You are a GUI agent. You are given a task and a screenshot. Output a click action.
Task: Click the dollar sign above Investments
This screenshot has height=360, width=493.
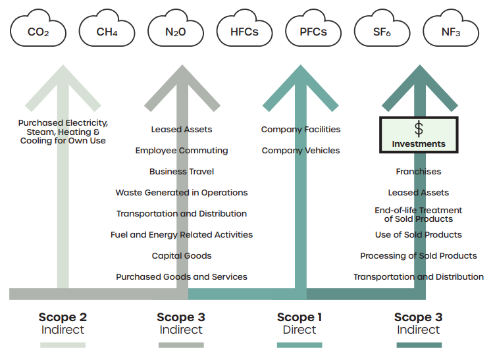coord(419,128)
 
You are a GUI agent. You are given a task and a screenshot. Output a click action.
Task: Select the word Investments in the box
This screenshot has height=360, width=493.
coord(419,143)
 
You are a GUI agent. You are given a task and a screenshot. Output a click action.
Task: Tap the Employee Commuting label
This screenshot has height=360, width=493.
coord(182,151)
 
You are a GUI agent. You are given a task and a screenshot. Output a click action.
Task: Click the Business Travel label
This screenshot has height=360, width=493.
coord(182,172)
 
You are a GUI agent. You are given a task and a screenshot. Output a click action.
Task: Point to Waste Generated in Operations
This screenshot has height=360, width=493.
coord(182,193)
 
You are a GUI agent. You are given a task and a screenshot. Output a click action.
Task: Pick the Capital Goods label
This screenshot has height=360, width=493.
coord(182,256)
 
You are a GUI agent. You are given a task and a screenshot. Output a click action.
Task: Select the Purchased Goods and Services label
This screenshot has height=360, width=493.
coord(182,277)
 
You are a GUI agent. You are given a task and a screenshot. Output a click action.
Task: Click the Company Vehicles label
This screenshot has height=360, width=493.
coord(301,151)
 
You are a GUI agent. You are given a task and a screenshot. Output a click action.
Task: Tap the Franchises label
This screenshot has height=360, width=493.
coord(419,172)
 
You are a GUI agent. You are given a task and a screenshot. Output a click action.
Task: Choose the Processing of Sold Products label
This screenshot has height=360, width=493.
coord(419,256)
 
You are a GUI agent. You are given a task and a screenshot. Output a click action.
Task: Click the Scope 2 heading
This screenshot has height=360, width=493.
coord(63,317)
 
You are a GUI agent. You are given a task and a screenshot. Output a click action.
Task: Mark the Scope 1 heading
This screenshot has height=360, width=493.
coord(300,317)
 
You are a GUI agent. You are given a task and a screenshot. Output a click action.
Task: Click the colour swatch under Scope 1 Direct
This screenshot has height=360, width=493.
coord(299,345)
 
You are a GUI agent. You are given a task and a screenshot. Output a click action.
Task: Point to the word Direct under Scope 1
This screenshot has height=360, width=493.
coord(300,330)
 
